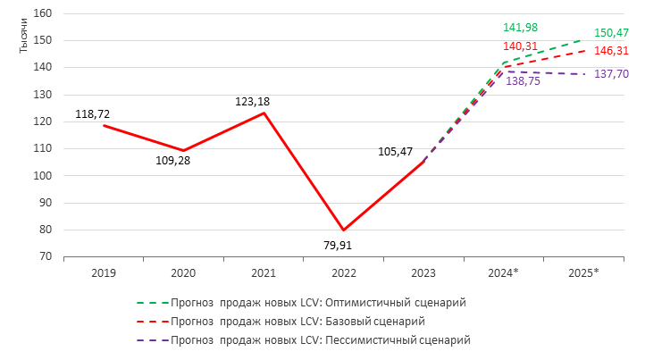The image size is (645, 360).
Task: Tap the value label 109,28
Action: [x=173, y=161]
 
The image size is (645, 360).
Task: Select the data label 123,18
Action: [x=253, y=102]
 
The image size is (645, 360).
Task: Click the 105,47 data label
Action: [x=396, y=152]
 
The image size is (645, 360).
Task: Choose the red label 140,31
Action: [x=519, y=47]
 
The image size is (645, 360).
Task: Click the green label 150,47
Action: [x=611, y=33]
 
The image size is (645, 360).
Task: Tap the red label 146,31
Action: [x=611, y=53]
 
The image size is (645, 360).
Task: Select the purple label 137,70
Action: [x=611, y=74]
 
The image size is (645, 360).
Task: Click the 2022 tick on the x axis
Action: [x=343, y=272]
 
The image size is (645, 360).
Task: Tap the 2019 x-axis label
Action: [x=104, y=272]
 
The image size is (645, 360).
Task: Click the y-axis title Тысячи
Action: [x=24, y=40]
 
